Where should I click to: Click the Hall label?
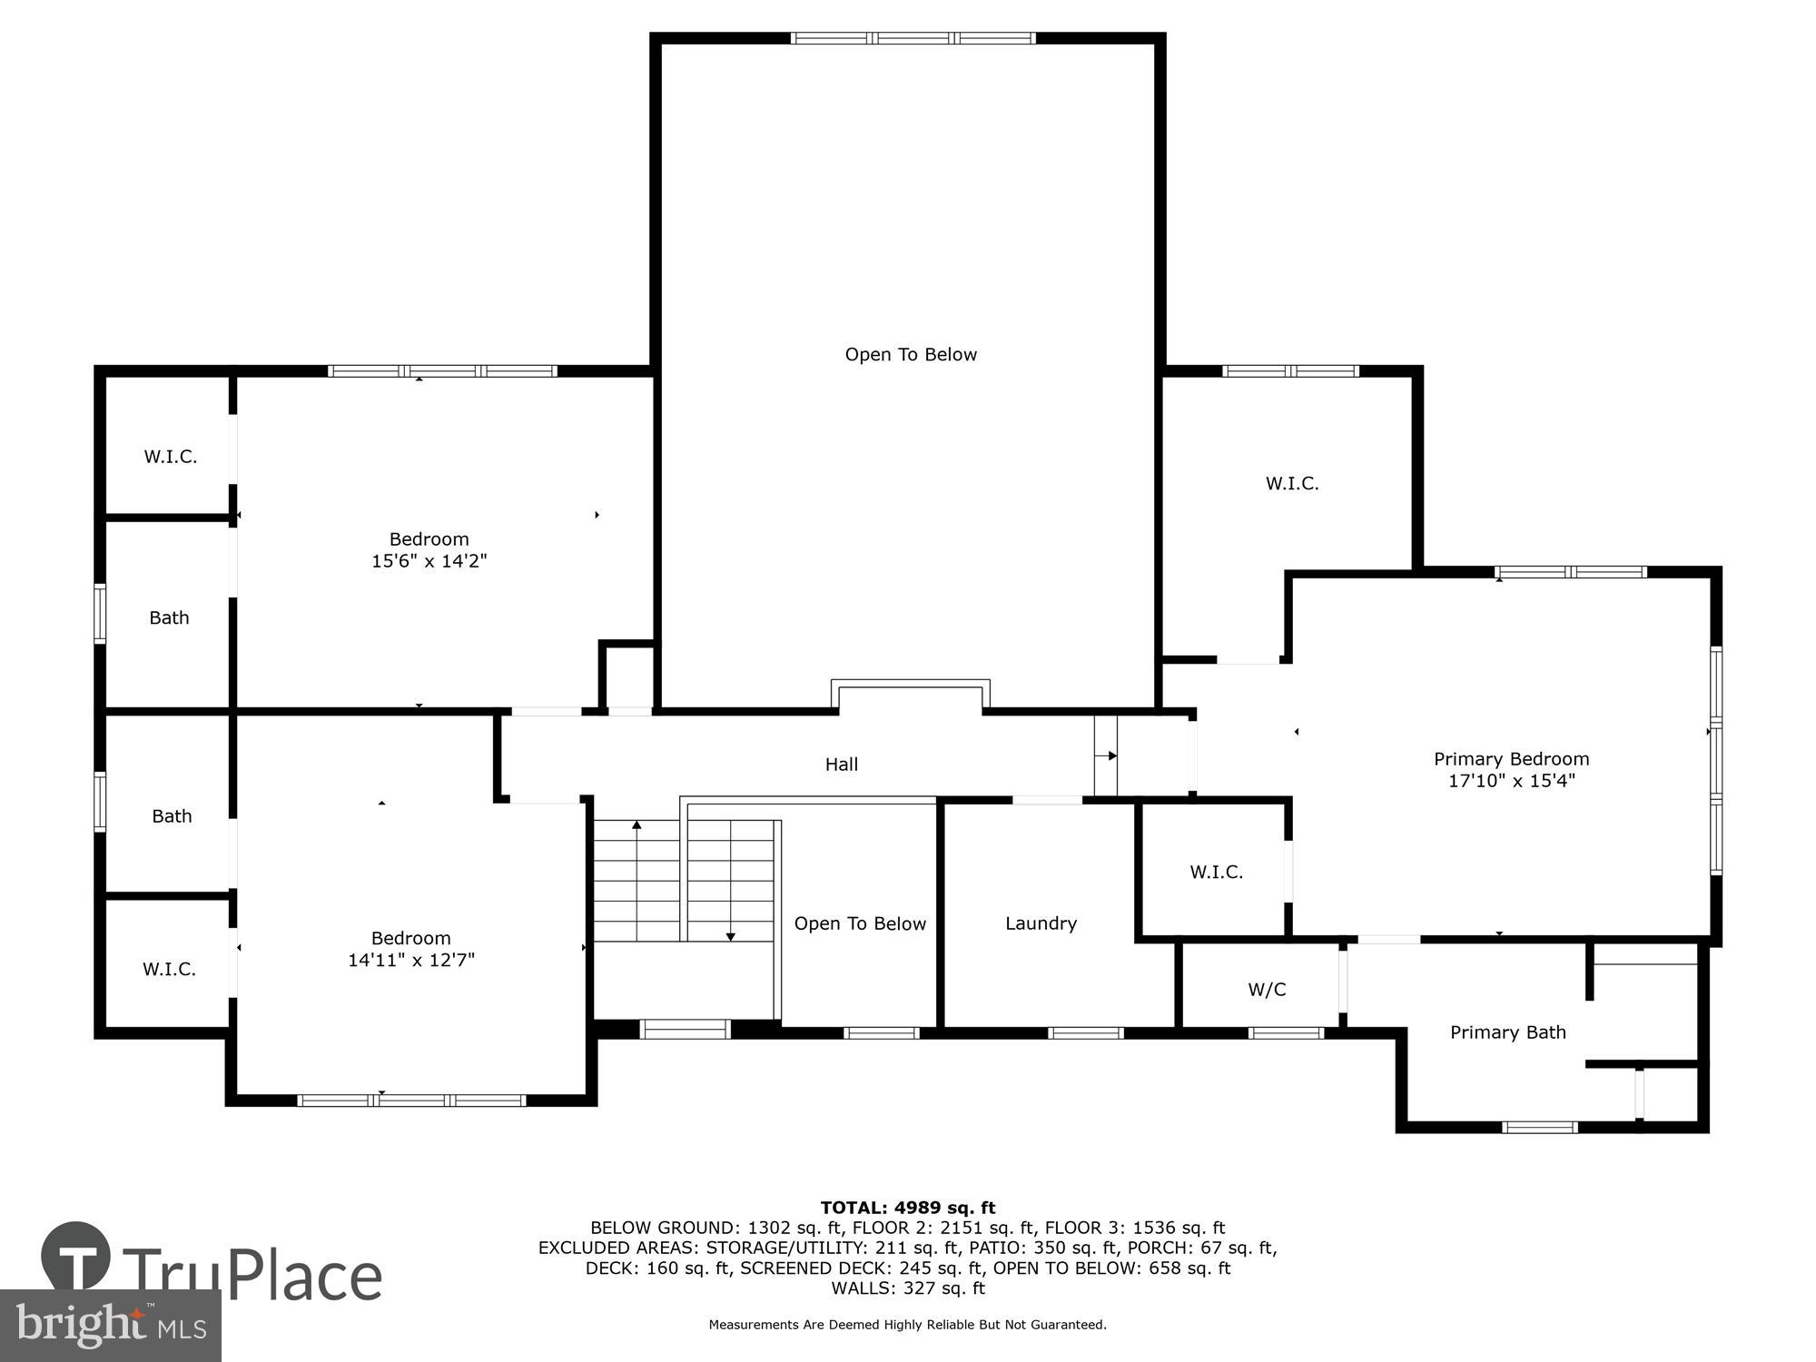point(841,765)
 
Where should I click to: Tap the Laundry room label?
point(1041,923)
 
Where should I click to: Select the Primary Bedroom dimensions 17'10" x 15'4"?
point(1511,781)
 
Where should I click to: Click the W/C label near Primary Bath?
point(1267,990)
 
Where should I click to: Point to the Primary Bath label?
point(1507,1032)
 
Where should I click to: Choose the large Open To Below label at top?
point(911,355)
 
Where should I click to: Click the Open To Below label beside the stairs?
point(860,923)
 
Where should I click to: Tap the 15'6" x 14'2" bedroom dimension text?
point(429,561)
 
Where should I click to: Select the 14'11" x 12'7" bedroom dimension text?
point(411,960)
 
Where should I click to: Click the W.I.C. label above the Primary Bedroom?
point(1292,483)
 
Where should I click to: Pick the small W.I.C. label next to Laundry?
point(1216,873)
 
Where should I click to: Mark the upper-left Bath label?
point(169,618)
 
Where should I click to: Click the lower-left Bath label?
point(172,816)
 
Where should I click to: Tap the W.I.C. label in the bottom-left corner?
point(169,970)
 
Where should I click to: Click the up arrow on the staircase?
point(637,825)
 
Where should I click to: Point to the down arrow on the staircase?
point(730,935)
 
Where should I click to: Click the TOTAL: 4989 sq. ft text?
point(908,1208)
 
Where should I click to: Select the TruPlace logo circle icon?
point(76,1258)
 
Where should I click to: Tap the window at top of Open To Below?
point(912,38)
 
